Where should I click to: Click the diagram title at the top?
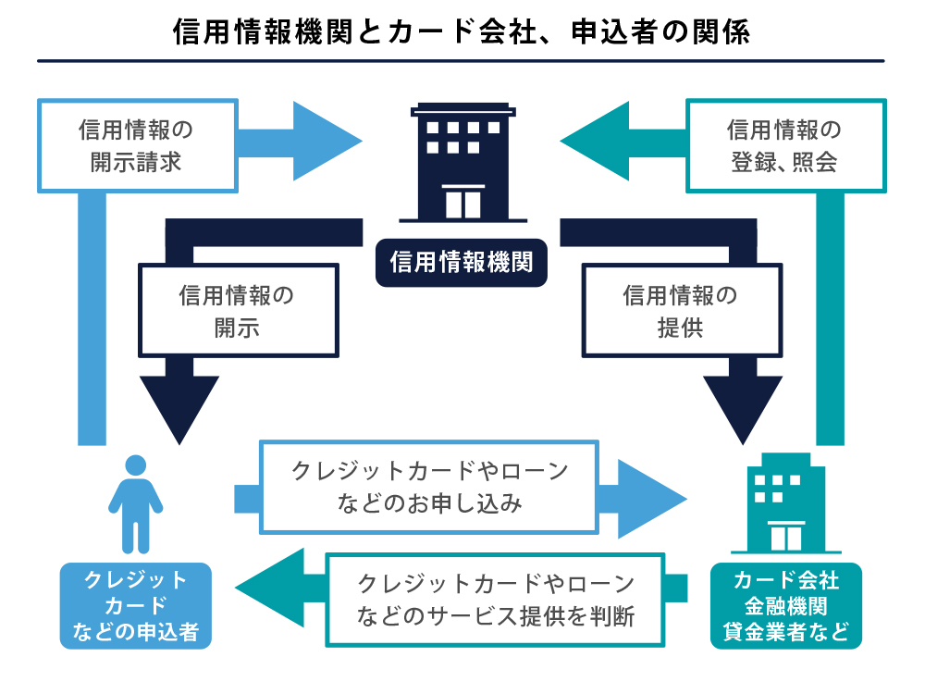click(461, 31)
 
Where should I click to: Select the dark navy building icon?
click(462, 162)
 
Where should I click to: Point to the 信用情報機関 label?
click(462, 263)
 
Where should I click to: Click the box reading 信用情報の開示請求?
click(136, 145)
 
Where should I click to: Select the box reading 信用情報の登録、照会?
click(785, 145)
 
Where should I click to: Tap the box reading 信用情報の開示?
click(238, 311)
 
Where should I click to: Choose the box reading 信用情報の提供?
click(681, 311)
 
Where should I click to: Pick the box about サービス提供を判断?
click(496, 600)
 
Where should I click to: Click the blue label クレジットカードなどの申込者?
click(136, 606)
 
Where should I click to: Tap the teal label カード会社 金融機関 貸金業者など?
click(785, 606)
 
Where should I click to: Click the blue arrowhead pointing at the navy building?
click(326, 142)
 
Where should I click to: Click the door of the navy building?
click(463, 202)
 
